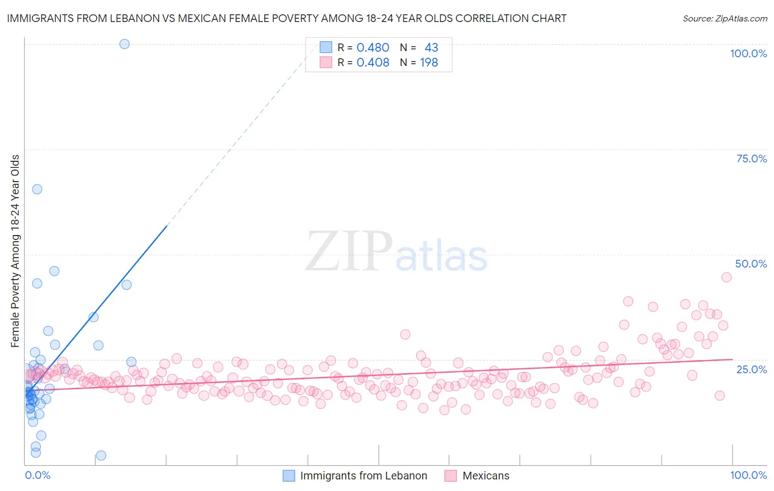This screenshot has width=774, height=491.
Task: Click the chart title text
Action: point(286,18)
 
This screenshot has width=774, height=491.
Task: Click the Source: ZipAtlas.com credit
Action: point(724,18)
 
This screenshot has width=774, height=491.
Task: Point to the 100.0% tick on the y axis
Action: point(748,53)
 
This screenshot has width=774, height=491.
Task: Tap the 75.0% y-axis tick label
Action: point(751,159)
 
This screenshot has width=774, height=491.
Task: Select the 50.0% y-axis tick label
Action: point(751,264)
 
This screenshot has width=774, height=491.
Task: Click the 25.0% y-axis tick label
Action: point(751,369)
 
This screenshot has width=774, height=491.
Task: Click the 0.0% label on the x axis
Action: point(37,475)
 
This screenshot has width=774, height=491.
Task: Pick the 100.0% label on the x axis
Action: point(748,475)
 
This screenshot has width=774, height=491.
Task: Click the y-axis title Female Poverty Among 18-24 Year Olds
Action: point(15,251)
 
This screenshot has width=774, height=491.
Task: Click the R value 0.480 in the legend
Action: point(373,47)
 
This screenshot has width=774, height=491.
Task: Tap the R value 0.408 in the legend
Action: point(373,63)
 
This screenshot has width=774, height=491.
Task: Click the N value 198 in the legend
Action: point(429,63)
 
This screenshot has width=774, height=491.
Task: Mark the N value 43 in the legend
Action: point(431,47)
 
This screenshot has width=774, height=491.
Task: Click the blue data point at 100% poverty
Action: point(124,44)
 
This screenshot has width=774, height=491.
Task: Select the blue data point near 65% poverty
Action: point(37,189)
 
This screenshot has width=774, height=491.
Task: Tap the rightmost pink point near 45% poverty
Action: point(726,277)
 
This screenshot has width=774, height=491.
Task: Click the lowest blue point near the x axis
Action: point(101,455)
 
